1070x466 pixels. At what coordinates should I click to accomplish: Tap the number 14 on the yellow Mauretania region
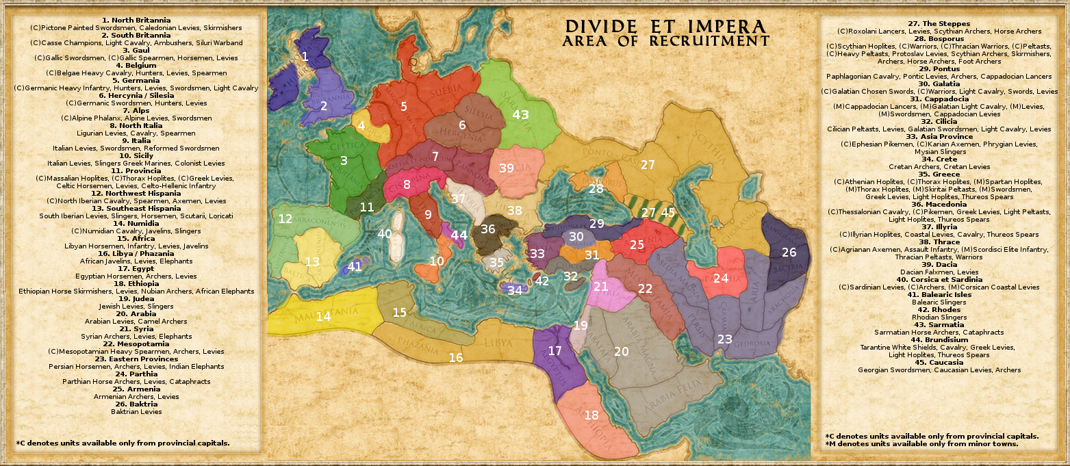pyautogui.click(x=323, y=316)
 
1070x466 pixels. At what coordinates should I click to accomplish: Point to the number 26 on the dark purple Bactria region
pyautogui.click(x=789, y=253)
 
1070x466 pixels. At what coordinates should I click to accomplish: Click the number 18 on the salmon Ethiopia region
pyautogui.click(x=591, y=415)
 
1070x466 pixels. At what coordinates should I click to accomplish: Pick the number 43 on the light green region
pyautogui.click(x=521, y=115)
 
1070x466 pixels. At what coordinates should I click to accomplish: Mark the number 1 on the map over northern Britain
pyautogui.click(x=305, y=56)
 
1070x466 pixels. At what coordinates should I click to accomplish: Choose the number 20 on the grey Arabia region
pyautogui.click(x=621, y=352)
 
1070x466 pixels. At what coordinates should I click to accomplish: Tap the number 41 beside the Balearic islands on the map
pyautogui.click(x=355, y=266)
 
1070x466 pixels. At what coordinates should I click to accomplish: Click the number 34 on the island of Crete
pyautogui.click(x=515, y=290)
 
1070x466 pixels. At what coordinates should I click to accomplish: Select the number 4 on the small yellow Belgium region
pyautogui.click(x=361, y=126)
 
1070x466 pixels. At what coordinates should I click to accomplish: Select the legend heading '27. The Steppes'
pyautogui.click(x=939, y=23)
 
